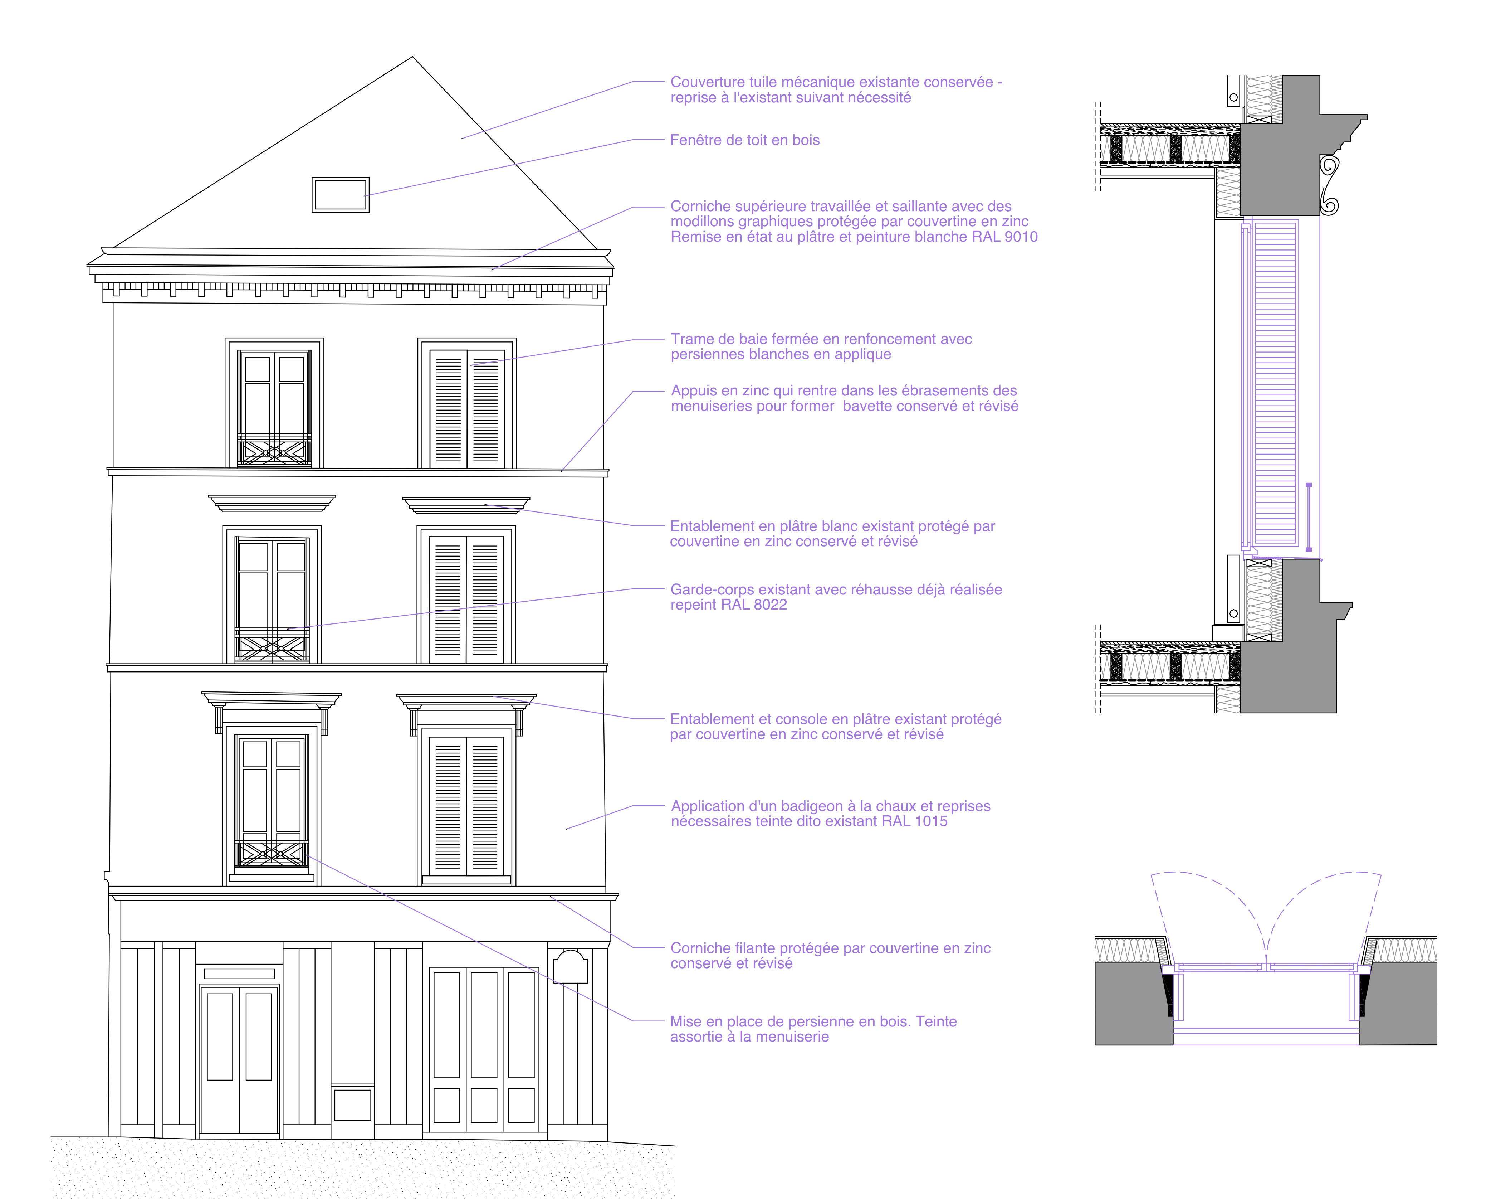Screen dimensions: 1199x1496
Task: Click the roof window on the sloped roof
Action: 340,195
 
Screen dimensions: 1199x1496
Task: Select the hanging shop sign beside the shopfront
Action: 570,966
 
